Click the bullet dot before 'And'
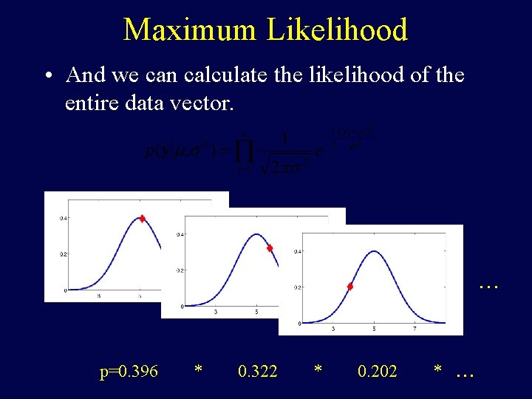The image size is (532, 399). pos(47,76)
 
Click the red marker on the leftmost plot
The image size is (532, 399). pos(142,218)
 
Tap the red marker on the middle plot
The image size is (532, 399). pos(270,248)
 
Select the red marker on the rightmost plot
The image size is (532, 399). pos(350,286)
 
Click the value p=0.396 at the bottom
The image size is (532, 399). pos(129,371)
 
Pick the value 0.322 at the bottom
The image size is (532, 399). pos(258,371)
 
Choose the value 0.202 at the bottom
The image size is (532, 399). pos(377,371)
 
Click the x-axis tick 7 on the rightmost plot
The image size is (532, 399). pos(415,329)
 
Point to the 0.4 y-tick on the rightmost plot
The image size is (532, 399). pos(297,251)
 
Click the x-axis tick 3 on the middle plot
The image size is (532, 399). pos(215,313)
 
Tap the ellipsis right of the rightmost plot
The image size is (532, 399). pos(488,283)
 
